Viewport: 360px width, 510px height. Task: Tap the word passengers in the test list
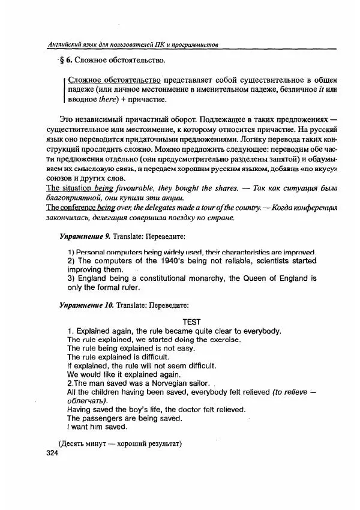[x=107, y=418]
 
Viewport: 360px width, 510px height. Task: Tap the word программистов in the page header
[x=192, y=46]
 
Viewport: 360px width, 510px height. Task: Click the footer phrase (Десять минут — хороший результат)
[x=120, y=443]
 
